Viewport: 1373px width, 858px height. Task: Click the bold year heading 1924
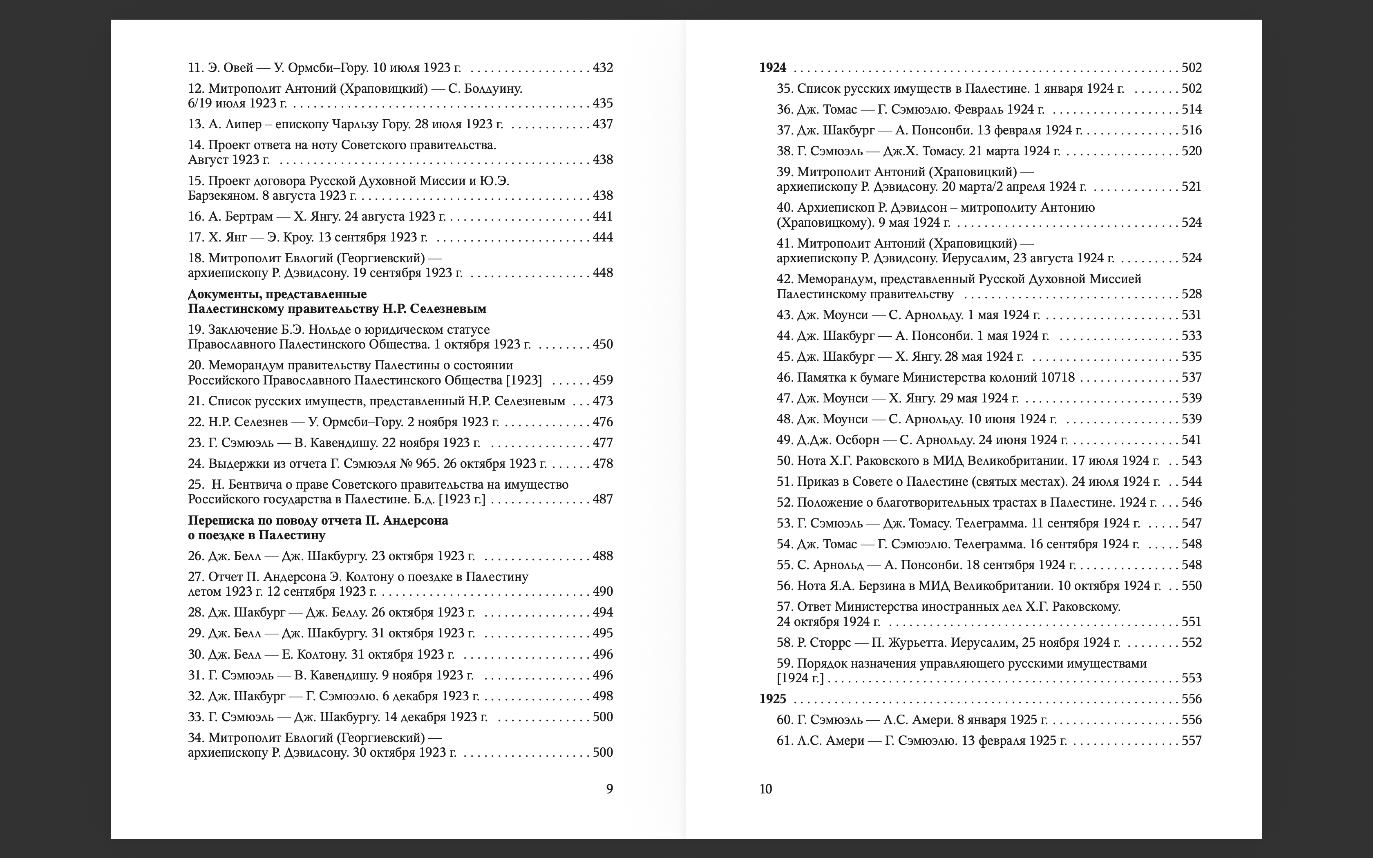(x=772, y=67)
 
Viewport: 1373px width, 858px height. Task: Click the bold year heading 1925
(x=772, y=699)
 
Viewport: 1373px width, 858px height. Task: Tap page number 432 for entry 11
(x=603, y=67)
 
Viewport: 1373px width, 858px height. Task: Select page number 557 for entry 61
(x=1192, y=740)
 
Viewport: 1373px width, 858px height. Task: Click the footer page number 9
(x=609, y=789)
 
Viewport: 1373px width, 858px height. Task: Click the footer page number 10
(x=765, y=789)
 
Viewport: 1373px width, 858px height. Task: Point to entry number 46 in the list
(x=784, y=378)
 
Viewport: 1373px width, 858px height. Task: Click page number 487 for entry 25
(x=603, y=499)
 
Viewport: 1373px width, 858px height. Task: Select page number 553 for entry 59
(x=1192, y=678)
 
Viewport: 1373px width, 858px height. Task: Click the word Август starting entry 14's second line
(x=208, y=159)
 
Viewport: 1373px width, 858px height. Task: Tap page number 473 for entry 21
(x=603, y=401)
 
